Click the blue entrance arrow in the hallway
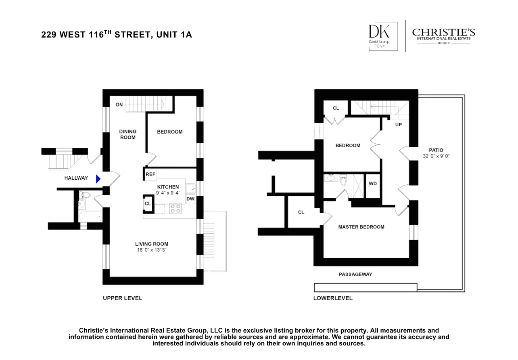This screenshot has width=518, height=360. (x=98, y=179)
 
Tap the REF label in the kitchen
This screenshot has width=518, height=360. (x=150, y=174)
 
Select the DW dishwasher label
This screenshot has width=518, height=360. (x=190, y=199)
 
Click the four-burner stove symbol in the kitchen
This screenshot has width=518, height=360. (x=175, y=209)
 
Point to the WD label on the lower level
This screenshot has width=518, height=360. (x=373, y=183)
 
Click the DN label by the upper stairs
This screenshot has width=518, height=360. (x=119, y=105)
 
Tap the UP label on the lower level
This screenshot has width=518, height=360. (x=399, y=125)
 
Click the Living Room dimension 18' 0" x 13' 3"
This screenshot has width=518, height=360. (x=152, y=250)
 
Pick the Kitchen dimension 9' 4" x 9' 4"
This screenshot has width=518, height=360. (x=168, y=193)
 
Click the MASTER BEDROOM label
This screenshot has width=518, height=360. (x=361, y=227)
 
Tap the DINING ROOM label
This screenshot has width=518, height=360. (x=128, y=134)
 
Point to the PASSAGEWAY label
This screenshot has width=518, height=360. (x=355, y=274)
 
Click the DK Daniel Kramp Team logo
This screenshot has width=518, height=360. (x=378, y=36)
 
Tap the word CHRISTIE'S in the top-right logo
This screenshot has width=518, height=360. (x=443, y=32)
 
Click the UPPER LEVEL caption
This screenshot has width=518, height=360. (x=122, y=298)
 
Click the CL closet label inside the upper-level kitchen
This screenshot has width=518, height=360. (x=148, y=204)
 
